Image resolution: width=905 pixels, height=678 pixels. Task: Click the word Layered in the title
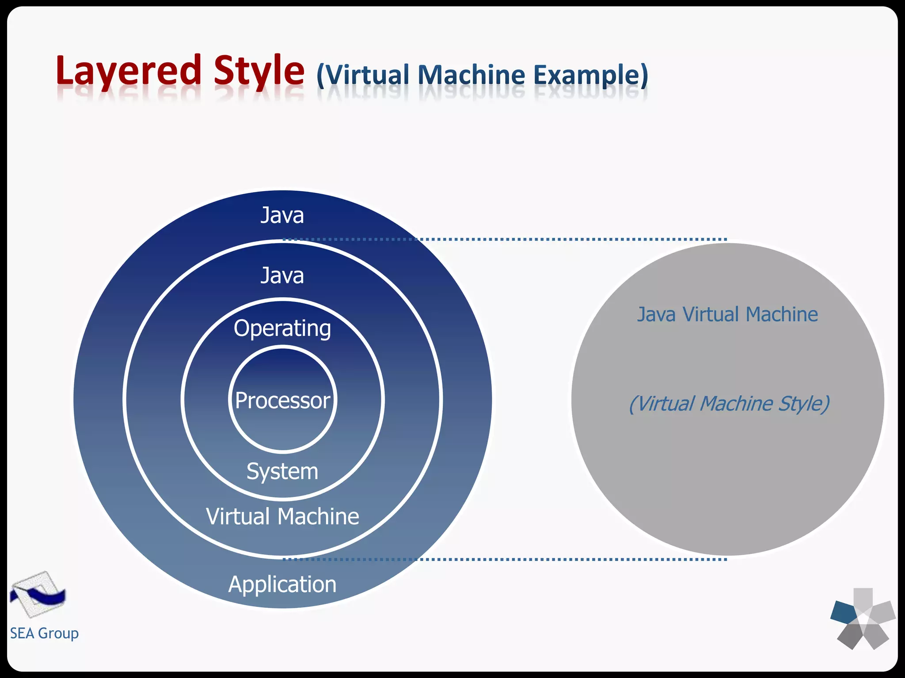pyautogui.click(x=128, y=71)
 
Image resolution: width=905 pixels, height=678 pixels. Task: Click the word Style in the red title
pyautogui.click(x=259, y=71)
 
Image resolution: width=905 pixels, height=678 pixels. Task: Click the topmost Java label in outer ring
pyautogui.click(x=282, y=215)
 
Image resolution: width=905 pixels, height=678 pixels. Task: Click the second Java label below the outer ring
pyautogui.click(x=282, y=275)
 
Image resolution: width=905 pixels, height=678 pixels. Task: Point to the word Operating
pyautogui.click(x=282, y=329)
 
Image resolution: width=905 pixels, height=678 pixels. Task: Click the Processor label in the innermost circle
pyautogui.click(x=282, y=400)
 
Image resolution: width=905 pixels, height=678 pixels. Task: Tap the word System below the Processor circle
pyautogui.click(x=282, y=471)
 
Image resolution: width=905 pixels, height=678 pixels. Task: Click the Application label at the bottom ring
pyautogui.click(x=282, y=584)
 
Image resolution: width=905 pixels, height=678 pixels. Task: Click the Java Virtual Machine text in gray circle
pyautogui.click(x=727, y=315)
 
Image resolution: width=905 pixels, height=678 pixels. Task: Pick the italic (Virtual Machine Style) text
pyautogui.click(x=729, y=403)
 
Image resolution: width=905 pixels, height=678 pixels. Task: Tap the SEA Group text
pyautogui.click(x=44, y=633)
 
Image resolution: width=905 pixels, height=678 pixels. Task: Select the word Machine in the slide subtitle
pyautogui.click(x=471, y=75)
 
